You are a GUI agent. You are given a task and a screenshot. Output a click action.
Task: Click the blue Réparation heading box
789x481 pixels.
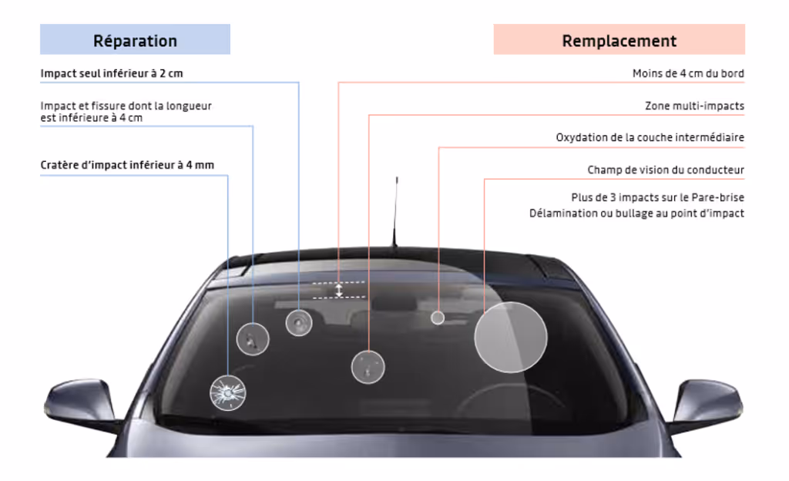pos(135,40)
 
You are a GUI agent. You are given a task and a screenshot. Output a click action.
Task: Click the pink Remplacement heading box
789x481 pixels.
pos(619,40)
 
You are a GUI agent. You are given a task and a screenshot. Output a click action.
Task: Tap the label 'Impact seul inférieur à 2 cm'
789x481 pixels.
pos(112,74)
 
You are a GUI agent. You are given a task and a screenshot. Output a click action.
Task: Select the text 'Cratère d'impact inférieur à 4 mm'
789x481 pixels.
pos(127,165)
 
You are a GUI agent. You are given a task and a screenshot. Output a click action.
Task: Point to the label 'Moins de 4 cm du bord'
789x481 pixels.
pos(687,74)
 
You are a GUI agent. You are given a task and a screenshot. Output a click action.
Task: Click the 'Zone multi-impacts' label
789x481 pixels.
pos(694,106)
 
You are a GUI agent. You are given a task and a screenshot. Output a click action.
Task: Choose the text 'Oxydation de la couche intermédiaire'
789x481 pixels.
pos(650,138)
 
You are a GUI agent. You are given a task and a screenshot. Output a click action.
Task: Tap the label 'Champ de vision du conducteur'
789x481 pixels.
pos(666,170)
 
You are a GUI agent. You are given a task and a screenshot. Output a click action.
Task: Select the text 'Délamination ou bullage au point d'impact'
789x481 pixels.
pos(636,214)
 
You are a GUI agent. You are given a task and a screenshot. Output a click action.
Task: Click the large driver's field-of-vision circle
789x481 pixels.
pos(510,338)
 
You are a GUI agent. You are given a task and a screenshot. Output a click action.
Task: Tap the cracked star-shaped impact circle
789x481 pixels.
pos(228,392)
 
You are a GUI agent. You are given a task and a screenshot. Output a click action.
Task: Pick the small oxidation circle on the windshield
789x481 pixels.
pos(438,317)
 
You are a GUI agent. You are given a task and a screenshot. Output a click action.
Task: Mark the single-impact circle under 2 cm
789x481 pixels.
pos(299,322)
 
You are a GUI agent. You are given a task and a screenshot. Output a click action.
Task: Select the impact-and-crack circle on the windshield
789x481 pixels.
pos(252,338)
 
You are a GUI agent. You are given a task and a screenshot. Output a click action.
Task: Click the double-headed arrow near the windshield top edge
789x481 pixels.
pos(338,289)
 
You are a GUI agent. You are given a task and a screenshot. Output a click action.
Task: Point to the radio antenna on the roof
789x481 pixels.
pos(396,212)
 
